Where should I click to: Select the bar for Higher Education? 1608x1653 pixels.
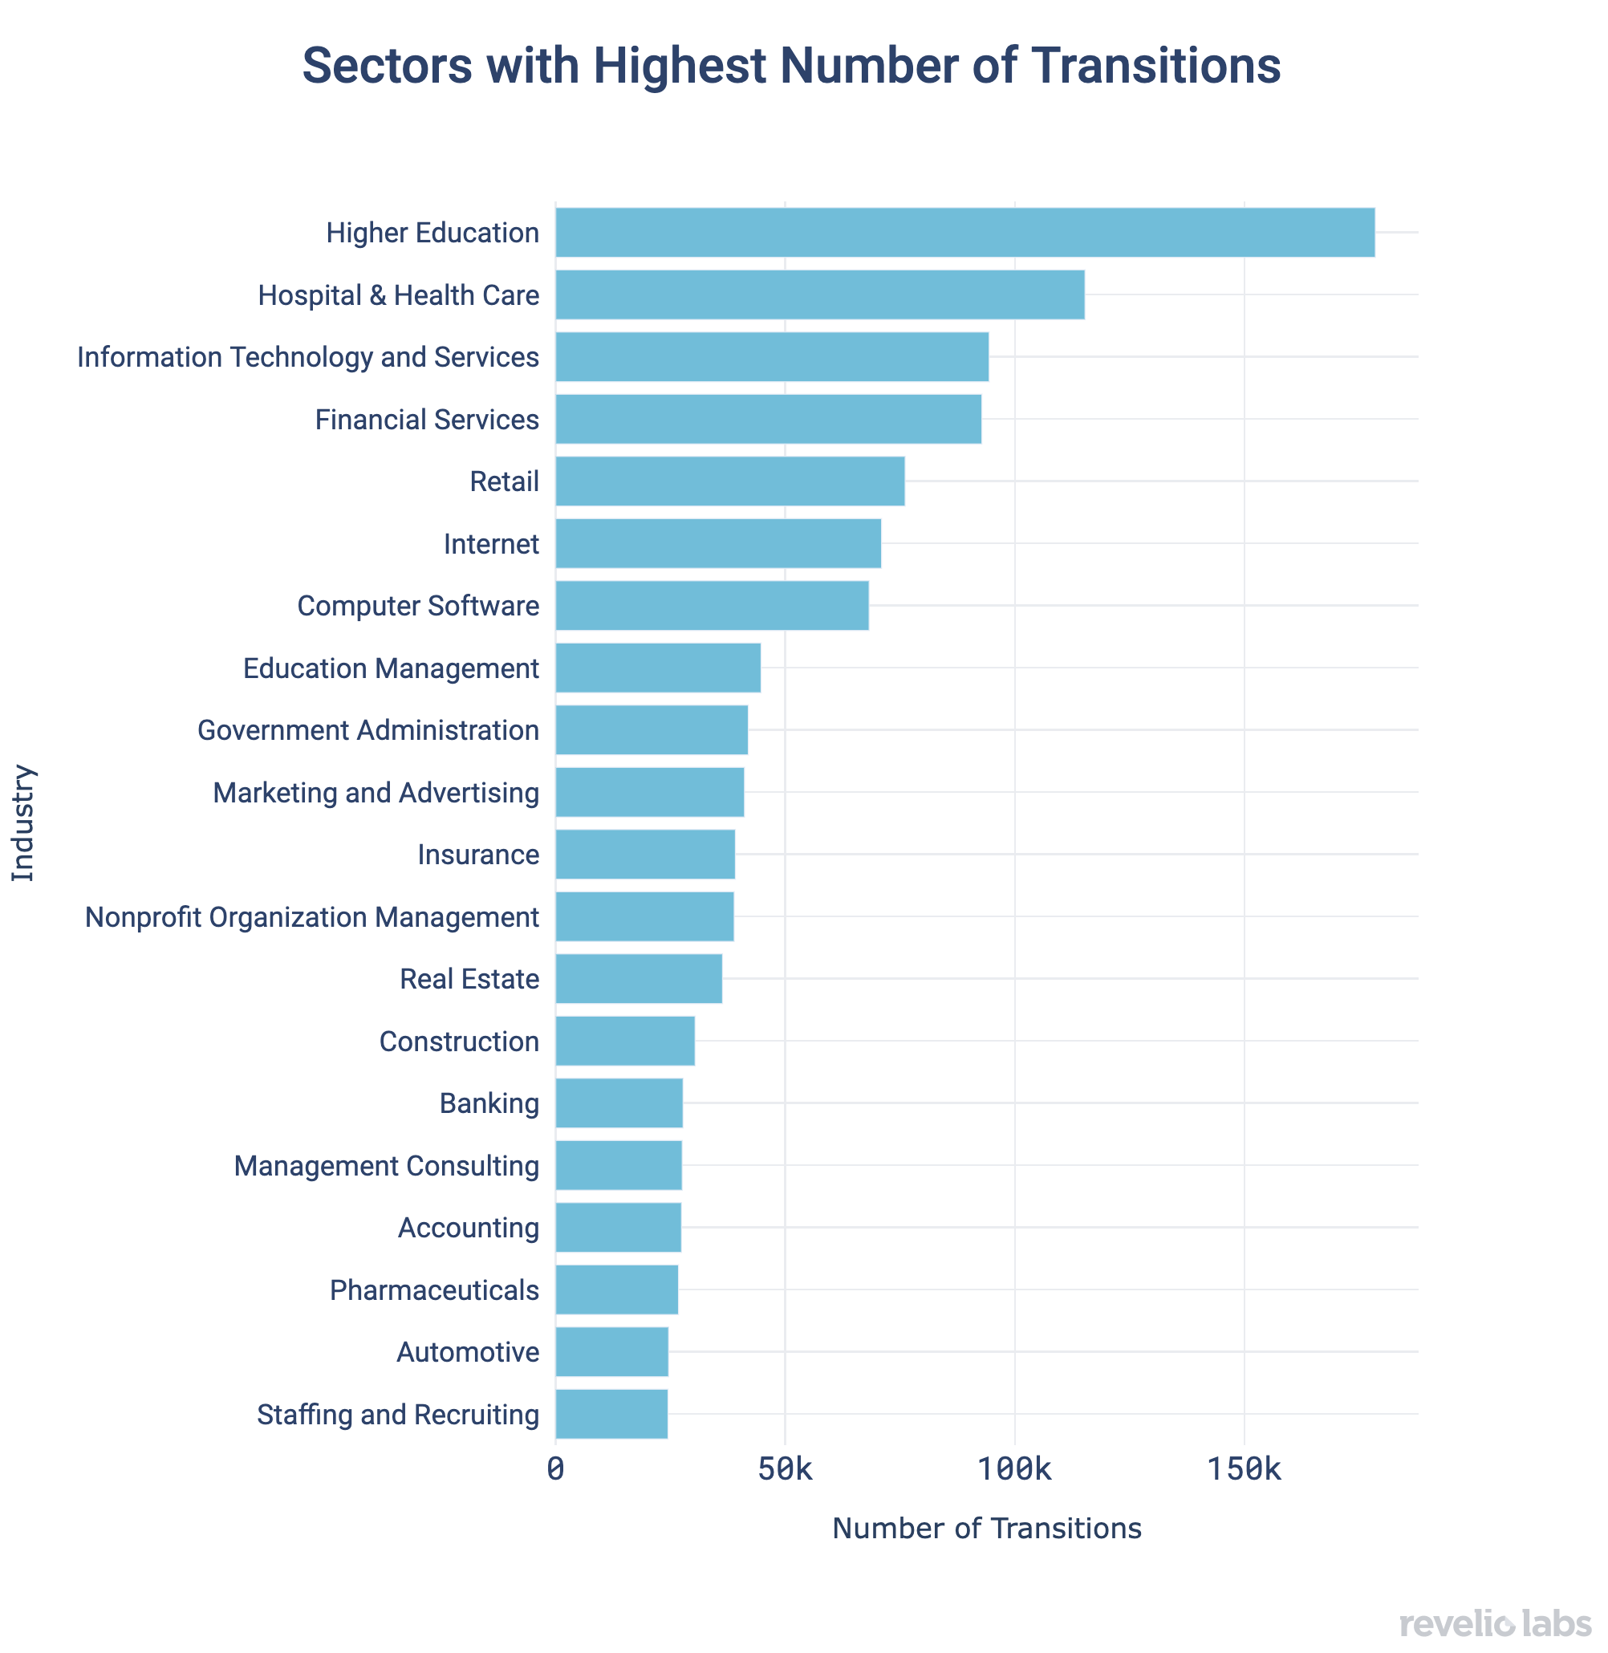(x=964, y=232)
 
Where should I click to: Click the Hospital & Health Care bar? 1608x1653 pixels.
(x=819, y=294)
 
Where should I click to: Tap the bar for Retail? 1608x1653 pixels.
(x=729, y=481)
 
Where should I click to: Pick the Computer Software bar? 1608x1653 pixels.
(x=711, y=606)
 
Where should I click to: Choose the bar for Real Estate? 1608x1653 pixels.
(x=639, y=979)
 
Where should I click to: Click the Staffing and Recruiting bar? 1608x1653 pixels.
(x=611, y=1414)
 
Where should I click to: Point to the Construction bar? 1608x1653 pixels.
(x=625, y=1041)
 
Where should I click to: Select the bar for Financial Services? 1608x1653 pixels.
(x=768, y=419)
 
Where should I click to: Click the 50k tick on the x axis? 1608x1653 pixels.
(x=785, y=1471)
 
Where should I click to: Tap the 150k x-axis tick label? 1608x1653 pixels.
(x=1243, y=1471)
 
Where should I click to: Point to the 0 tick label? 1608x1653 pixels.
(x=555, y=1471)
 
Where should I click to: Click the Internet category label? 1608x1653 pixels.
(x=491, y=544)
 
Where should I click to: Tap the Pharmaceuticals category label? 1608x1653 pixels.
(x=434, y=1290)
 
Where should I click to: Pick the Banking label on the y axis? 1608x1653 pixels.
(x=489, y=1103)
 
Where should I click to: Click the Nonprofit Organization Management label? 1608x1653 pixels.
(x=311, y=917)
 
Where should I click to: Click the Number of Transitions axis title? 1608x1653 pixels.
(x=986, y=1528)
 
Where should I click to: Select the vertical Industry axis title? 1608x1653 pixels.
(x=23, y=822)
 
